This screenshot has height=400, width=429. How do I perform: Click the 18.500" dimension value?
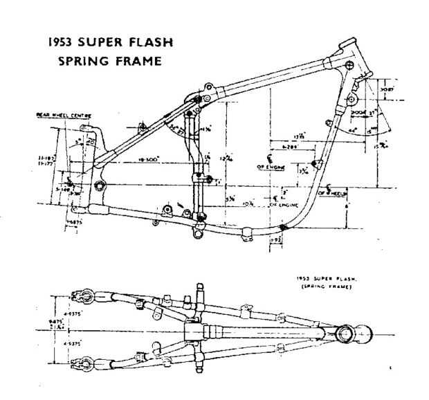[148, 159]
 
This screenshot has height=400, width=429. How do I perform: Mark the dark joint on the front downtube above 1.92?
[283, 226]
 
